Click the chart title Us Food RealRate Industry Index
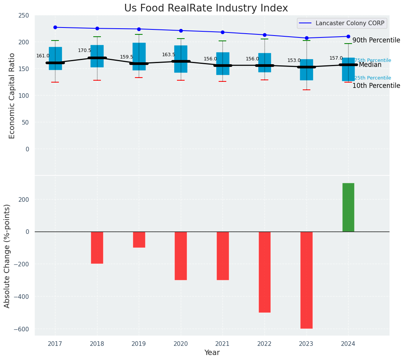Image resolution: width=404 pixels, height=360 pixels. click(206, 8)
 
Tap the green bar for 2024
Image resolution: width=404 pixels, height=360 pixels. click(348, 207)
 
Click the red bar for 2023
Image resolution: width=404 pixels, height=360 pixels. click(306, 280)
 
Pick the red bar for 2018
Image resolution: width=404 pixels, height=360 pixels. click(97, 247)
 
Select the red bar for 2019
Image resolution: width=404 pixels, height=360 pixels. click(139, 239)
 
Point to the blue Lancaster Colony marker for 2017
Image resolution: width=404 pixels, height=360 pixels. click(55, 28)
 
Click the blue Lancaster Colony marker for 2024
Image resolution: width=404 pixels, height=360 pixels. click(348, 37)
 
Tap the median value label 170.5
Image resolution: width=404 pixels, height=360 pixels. click(84, 50)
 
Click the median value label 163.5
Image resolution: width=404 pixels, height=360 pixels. click(169, 55)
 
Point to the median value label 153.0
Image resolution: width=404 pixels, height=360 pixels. click(294, 60)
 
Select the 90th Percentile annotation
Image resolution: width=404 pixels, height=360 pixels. click(376, 41)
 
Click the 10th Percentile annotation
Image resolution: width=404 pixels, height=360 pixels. click(376, 86)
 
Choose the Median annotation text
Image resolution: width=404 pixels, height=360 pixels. click(370, 65)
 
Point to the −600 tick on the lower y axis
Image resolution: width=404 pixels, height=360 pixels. click(22, 329)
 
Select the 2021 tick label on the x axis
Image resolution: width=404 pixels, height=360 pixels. click(222, 344)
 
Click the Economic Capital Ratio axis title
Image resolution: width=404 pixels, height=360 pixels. click(12, 96)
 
